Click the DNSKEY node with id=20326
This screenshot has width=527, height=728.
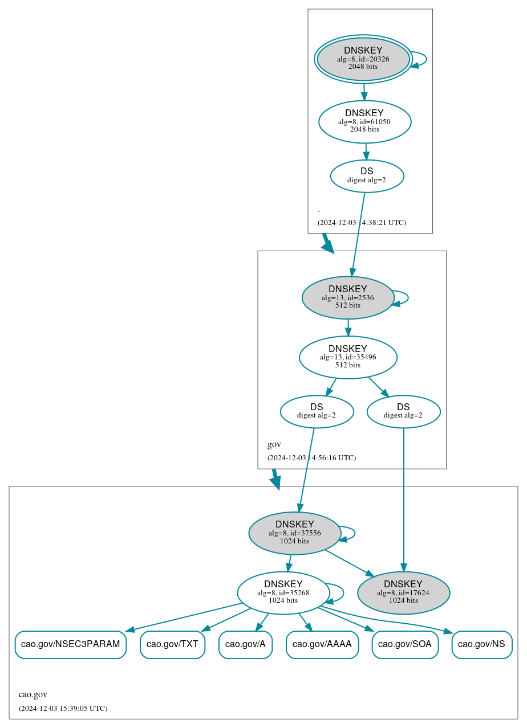[x=363, y=59]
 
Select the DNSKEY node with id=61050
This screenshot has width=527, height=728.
[x=364, y=121]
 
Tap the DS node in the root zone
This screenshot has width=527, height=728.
[x=367, y=176]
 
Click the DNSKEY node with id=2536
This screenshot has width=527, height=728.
[x=348, y=297]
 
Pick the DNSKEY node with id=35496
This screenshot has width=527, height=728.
[x=348, y=357]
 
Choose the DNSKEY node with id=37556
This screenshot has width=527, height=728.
[x=295, y=533]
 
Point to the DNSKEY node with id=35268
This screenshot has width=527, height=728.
[x=283, y=592]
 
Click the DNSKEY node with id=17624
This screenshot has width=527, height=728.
[x=403, y=592]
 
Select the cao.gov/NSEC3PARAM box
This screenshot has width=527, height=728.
[x=70, y=644]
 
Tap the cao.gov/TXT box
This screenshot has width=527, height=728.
[x=172, y=644]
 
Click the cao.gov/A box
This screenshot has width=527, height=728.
[x=245, y=644]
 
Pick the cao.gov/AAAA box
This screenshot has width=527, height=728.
[x=322, y=644]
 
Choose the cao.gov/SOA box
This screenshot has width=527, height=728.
[x=405, y=644]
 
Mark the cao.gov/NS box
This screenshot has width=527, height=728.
[x=481, y=644]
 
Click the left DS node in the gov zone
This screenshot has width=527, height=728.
[x=317, y=411]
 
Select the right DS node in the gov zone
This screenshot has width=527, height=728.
[x=403, y=411]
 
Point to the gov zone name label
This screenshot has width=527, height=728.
[x=274, y=444]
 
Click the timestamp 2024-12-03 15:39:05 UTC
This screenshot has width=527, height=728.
[x=63, y=708]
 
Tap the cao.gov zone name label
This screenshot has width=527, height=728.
[x=33, y=694]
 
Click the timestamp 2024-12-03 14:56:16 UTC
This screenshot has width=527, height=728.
[x=311, y=457]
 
